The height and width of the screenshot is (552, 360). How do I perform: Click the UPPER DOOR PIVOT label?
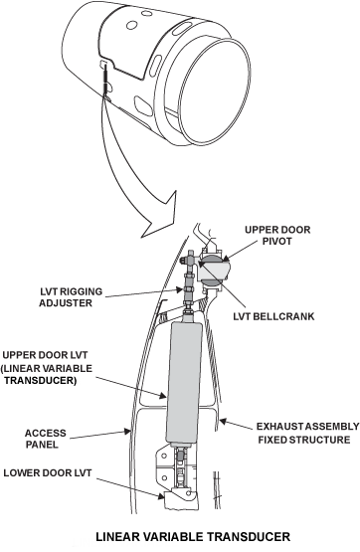(x=277, y=235)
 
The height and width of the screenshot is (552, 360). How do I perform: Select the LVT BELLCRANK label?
(x=273, y=316)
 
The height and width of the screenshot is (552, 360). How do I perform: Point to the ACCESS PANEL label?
(x=46, y=439)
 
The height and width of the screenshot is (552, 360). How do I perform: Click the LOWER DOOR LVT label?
(x=48, y=472)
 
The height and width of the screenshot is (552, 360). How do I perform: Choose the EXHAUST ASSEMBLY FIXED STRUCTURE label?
(x=307, y=433)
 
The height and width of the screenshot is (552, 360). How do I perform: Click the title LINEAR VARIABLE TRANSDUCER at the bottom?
(x=193, y=537)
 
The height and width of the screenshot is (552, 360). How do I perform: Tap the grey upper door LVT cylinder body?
(x=184, y=383)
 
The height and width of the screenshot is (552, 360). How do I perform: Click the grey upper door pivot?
(x=214, y=270)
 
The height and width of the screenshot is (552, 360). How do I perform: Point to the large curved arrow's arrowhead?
(x=160, y=217)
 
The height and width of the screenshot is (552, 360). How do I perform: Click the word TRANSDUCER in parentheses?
(x=41, y=381)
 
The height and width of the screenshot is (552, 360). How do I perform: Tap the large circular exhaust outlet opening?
(x=216, y=92)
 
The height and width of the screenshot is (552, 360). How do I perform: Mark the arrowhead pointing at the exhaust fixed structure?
(x=223, y=421)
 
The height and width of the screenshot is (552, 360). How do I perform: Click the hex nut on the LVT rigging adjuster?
(x=189, y=289)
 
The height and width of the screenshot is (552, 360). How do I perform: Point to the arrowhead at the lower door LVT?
(x=160, y=495)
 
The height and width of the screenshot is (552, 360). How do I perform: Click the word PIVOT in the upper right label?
(x=277, y=241)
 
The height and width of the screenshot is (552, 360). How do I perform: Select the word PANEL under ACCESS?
(x=42, y=445)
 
